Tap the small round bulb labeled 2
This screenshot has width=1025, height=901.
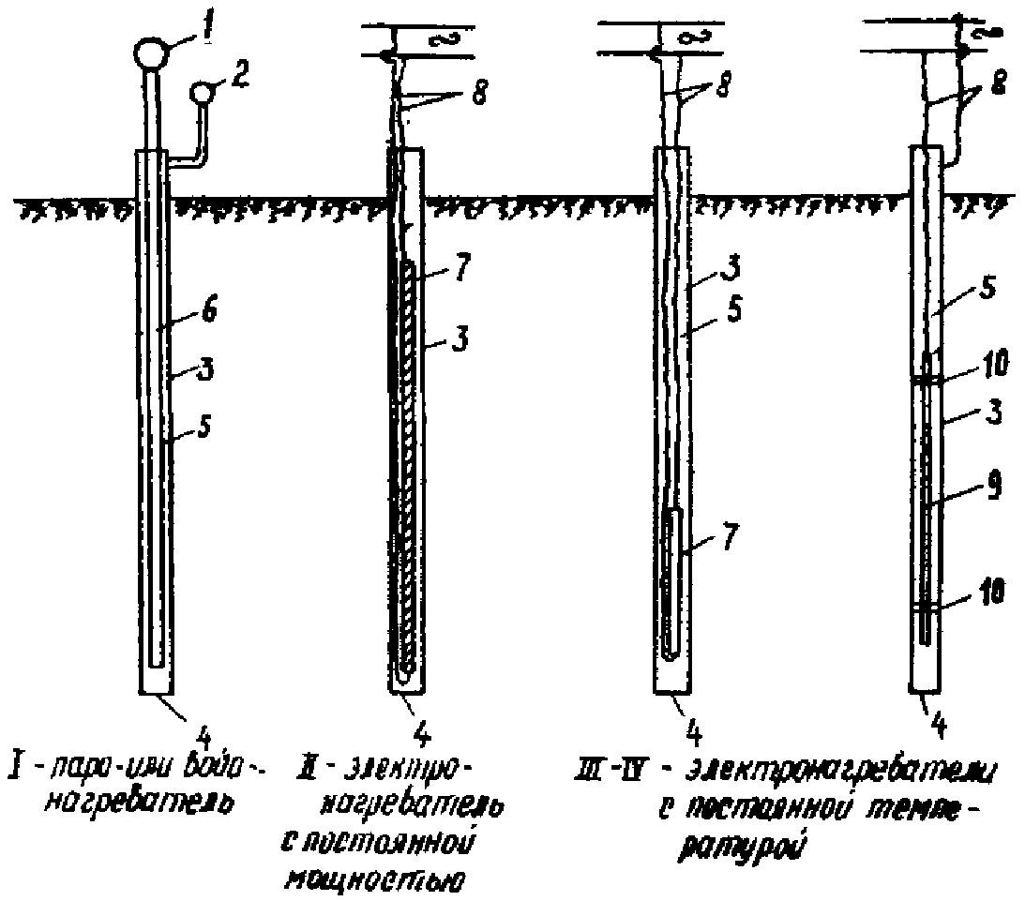[x=201, y=93]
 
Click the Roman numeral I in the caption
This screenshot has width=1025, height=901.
[x=17, y=757]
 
